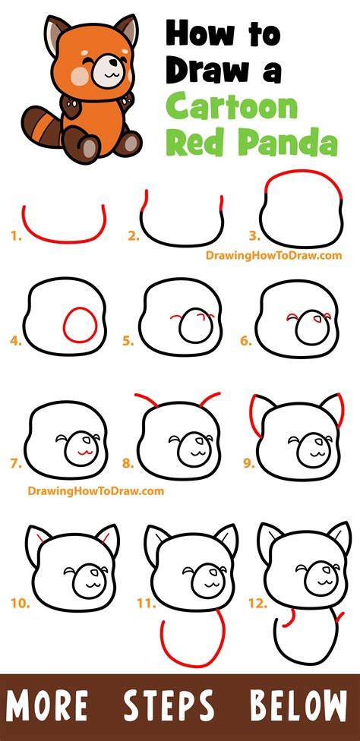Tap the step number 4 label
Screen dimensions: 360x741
click(x=16, y=341)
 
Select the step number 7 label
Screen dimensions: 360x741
click(x=16, y=464)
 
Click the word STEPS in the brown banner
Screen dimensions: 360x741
click(x=169, y=706)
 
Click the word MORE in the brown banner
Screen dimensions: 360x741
click(x=46, y=706)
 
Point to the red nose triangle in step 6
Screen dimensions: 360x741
click(x=317, y=320)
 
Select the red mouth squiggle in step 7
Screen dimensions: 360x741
click(x=84, y=452)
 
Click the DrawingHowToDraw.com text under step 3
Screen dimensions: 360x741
click(x=273, y=255)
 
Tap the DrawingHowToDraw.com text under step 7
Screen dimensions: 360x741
click(x=96, y=491)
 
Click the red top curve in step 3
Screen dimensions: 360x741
click(x=303, y=172)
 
